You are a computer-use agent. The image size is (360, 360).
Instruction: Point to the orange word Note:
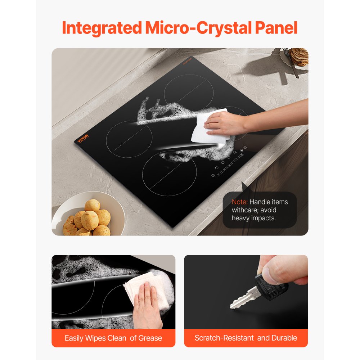tap(239, 202)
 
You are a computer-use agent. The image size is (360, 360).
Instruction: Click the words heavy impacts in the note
tap(254, 218)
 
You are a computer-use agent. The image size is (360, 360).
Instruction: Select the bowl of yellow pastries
tap(88, 218)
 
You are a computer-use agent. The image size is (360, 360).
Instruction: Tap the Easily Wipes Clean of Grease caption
tap(113, 338)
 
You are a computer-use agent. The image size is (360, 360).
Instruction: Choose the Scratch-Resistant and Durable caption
tap(246, 338)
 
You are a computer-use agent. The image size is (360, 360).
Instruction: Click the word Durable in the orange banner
tap(285, 338)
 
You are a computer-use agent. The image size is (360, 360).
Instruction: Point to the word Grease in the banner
tap(150, 338)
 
